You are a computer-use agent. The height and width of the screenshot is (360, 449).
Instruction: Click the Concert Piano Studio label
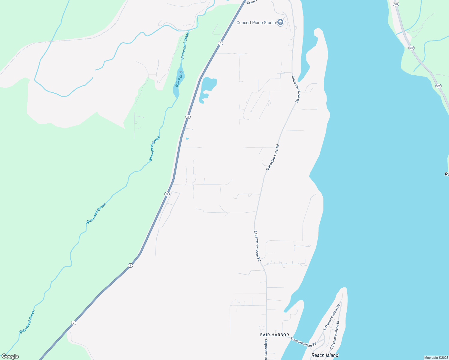pyautogui.click(x=256, y=22)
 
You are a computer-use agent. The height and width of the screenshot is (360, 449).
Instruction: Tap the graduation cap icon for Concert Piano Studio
pyautogui.click(x=280, y=22)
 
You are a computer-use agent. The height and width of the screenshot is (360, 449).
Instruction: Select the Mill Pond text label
pyautogui.click(x=179, y=79)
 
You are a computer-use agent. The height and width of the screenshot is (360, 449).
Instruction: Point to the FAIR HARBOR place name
pyautogui.click(x=275, y=335)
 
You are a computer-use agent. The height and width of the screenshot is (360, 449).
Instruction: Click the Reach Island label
pyautogui.click(x=325, y=355)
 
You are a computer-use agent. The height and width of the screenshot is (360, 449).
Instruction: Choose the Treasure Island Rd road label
pyautogui.click(x=303, y=342)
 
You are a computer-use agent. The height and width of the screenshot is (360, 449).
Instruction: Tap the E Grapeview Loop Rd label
pyautogui.click(x=257, y=246)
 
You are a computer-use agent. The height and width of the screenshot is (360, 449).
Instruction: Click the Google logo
pyautogui.click(x=10, y=356)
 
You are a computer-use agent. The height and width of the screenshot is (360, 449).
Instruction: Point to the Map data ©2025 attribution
pyautogui.click(x=436, y=358)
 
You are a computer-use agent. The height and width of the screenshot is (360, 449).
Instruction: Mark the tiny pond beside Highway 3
pyautogui.click(x=187, y=138)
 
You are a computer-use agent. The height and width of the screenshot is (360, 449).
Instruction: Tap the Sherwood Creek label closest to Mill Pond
pyautogui.click(x=185, y=46)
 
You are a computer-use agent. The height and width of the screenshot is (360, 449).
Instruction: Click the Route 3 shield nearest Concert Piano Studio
pyautogui.click(x=220, y=43)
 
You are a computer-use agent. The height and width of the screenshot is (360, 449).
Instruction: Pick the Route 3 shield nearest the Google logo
pyautogui.click(x=74, y=323)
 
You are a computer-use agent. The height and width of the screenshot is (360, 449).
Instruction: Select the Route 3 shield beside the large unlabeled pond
pyautogui.click(x=188, y=117)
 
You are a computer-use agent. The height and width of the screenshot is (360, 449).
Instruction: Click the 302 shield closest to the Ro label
pyautogui.click(x=438, y=86)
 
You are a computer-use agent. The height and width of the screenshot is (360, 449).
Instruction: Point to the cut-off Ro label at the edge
pyautogui.click(x=446, y=174)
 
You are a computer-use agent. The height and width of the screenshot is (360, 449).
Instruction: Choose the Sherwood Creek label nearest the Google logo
pyautogui.click(x=27, y=322)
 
